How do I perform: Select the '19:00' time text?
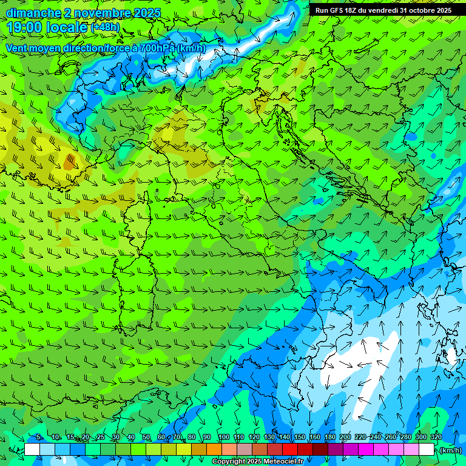[26, 27]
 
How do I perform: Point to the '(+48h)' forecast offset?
[104, 27]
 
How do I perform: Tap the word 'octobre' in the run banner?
[414, 10]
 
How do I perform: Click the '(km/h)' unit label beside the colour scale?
[450, 450]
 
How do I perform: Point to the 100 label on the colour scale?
[223, 437]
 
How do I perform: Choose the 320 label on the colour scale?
[436, 437]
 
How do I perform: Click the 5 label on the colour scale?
[39, 437]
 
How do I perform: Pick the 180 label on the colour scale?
[329, 437]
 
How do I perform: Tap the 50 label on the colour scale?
[146, 437]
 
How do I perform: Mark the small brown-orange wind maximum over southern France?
[70, 161]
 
